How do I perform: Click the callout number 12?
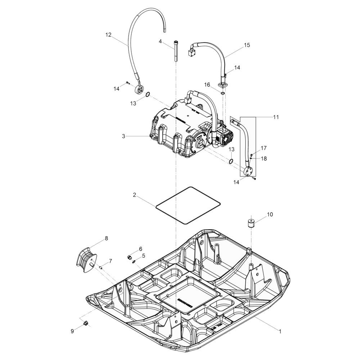pyautogui.click(x=108, y=35)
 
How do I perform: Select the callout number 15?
pyautogui.click(x=247, y=45)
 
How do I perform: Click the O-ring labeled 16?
pyautogui.click(x=224, y=94)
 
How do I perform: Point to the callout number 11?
pyautogui.click(x=276, y=117)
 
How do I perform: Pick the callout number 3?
pyautogui.click(x=123, y=136)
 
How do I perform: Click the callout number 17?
pyautogui.click(x=264, y=148)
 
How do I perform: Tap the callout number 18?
pyautogui.click(x=264, y=158)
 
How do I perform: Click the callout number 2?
pyautogui.click(x=134, y=195)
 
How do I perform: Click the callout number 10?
pyautogui.click(x=270, y=215)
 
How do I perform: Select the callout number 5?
pyautogui.click(x=143, y=256)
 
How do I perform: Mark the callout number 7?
pyautogui.click(x=110, y=260)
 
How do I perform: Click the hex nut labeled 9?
pyautogui.click(x=86, y=323)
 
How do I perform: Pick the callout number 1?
pyautogui.click(x=280, y=330)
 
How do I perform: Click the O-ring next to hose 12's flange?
pyautogui.click(x=148, y=95)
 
